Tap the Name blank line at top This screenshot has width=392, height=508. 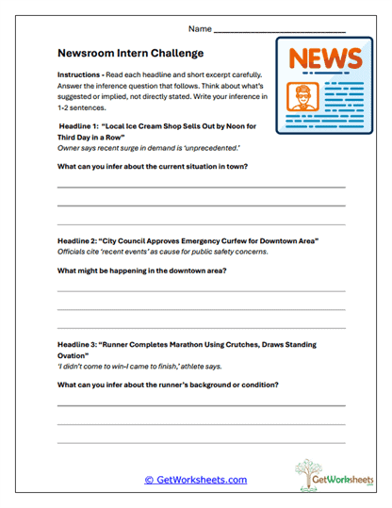click(281, 31)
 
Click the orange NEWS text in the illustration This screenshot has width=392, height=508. click(323, 59)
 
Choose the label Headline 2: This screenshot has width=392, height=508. click(83, 241)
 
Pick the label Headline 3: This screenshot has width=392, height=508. click(83, 345)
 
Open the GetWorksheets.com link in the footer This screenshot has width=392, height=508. click(195, 480)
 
